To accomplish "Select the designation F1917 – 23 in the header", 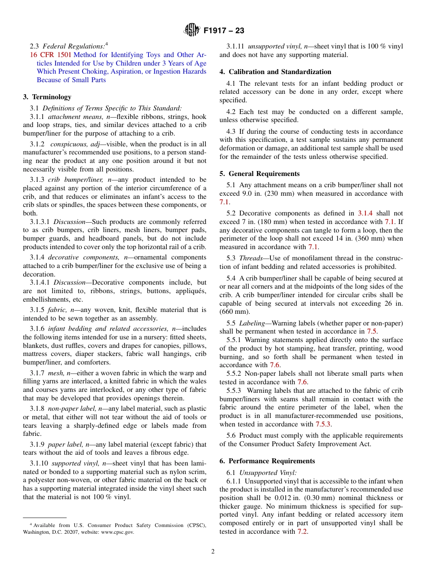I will (224, 31).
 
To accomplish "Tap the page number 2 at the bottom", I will (213, 552).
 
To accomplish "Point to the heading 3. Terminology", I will (47, 97).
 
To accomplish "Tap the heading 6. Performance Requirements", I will (267, 461).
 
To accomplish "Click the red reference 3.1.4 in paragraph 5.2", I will (365, 214).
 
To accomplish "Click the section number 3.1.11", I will (235, 46).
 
